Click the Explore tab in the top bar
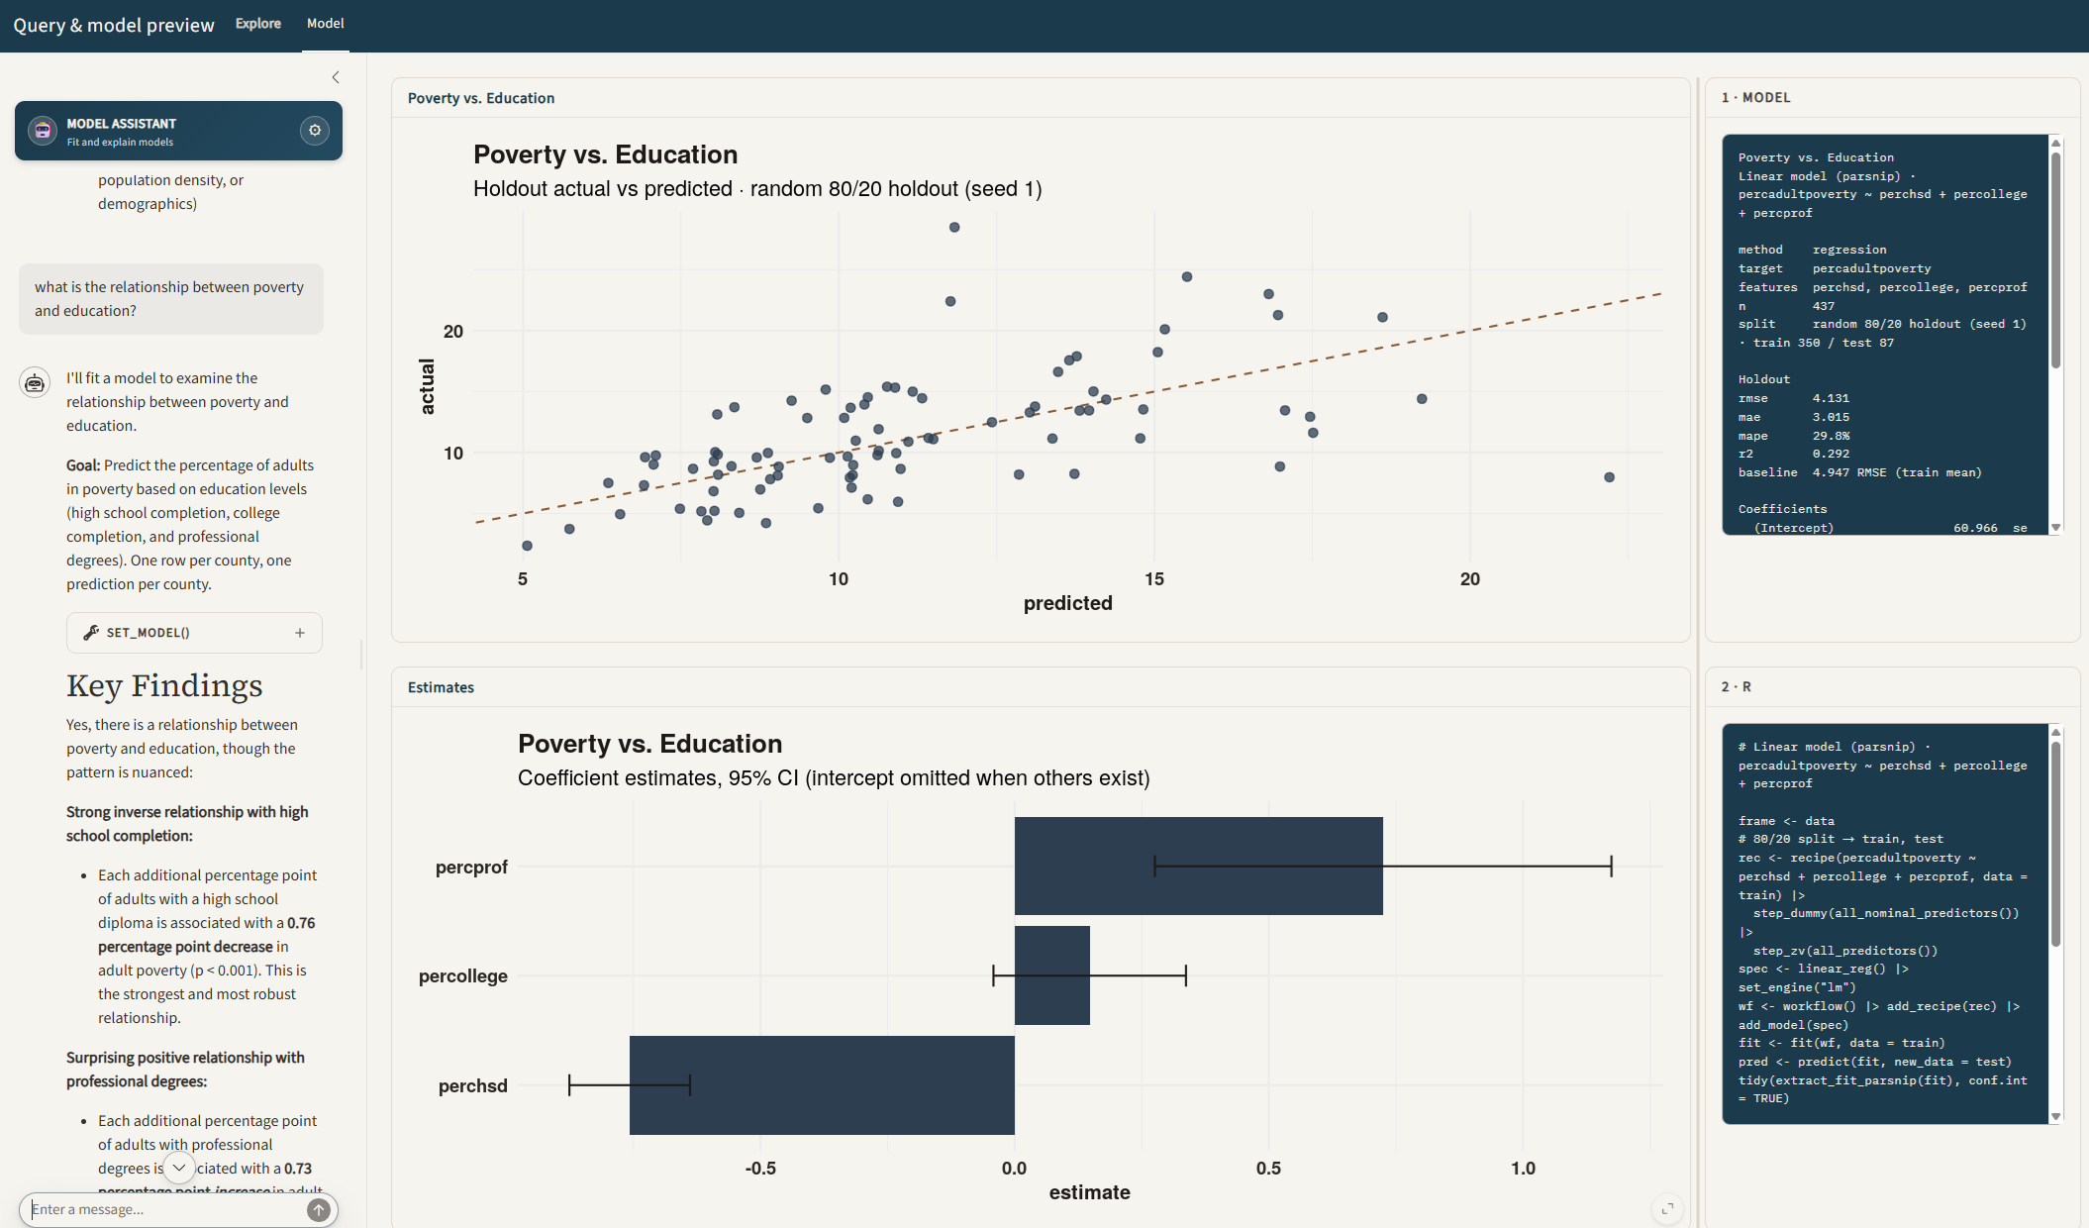pos(258,24)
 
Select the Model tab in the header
pos(326,24)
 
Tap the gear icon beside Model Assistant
pos(315,131)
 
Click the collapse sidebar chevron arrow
pos(336,77)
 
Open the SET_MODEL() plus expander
pos(300,633)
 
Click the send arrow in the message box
pos(318,1209)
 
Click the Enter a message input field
pos(163,1209)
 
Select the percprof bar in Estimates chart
pos(1198,866)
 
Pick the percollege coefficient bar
pos(1051,975)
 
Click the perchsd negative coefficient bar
pos(822,1085)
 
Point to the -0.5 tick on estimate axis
pos(760,1169)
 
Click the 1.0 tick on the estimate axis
pos(1523,1169)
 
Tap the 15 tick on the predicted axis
pos(1154,579)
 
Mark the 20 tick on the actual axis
pos(453,332)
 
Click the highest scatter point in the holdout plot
pos(954,227)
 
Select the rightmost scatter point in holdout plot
pos(1609,477)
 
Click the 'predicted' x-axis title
pos(1067,603)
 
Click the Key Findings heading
pos(164,685)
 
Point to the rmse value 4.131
pos(1831,398)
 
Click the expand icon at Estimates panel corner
pos(1667,1208)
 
